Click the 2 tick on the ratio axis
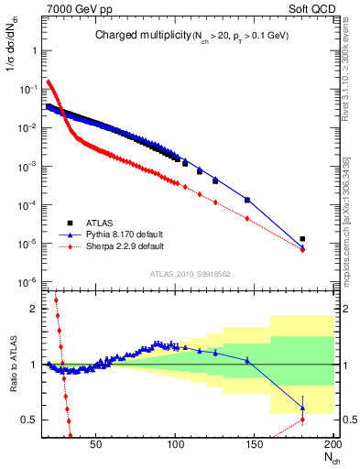29,309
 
